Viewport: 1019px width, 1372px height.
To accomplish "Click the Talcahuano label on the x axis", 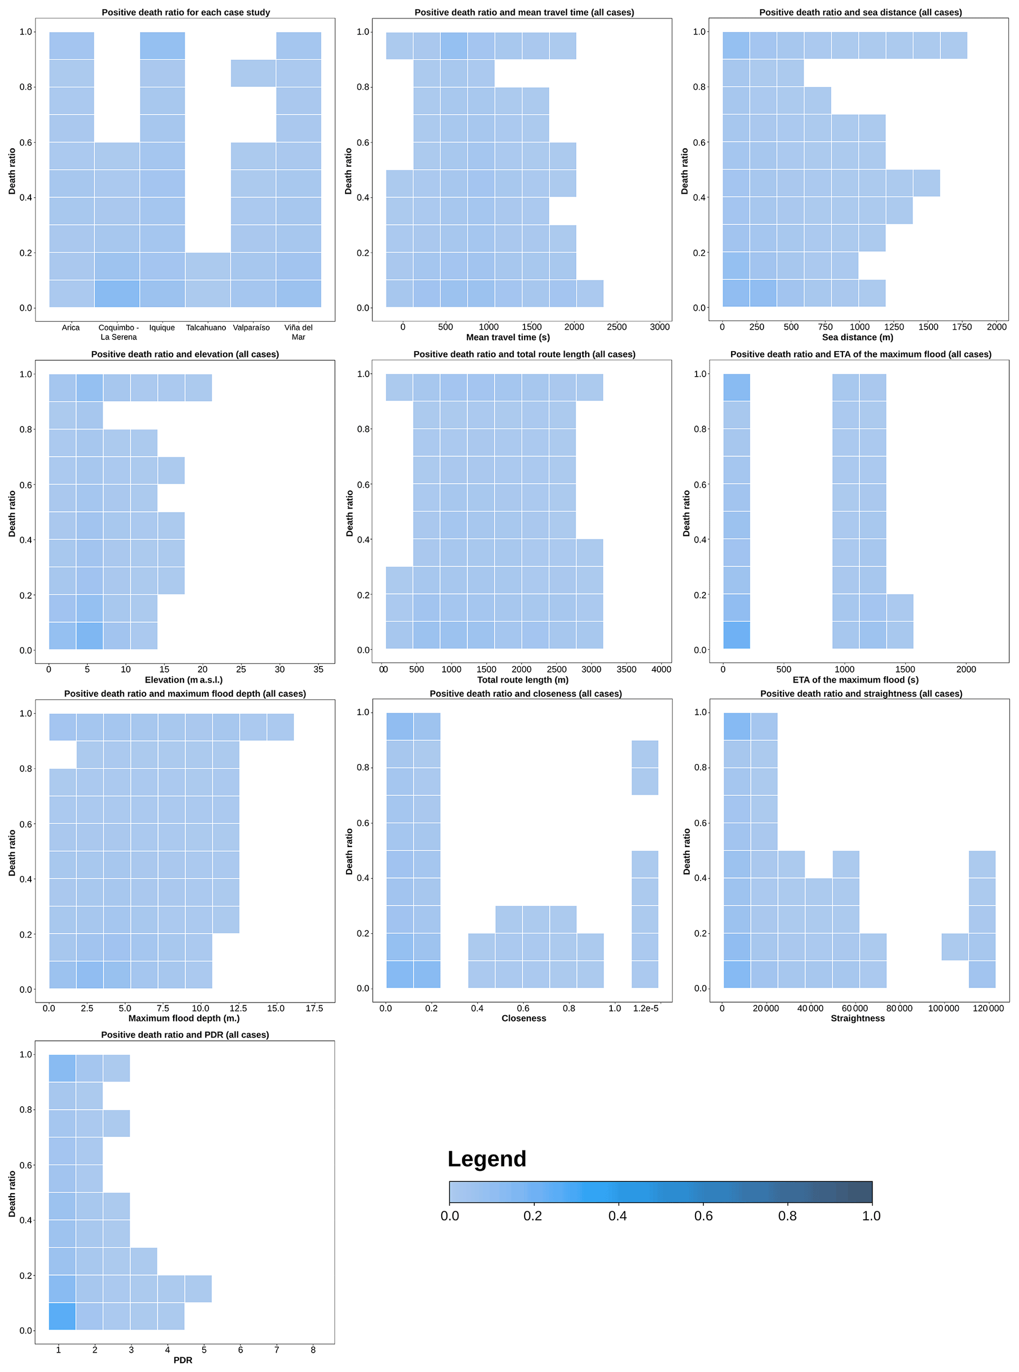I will pyautogui.click(x=206, y=327).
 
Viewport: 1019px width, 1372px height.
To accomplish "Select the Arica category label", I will pyautogui.click(x=71, y=327).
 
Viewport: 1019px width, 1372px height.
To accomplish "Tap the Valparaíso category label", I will pyautogui.click(x=251, y=327).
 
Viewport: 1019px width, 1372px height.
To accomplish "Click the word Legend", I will pyautogui.click(x=487, y=1159).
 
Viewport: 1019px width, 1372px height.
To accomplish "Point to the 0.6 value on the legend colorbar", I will pyautogui.click(x=703, y=1216).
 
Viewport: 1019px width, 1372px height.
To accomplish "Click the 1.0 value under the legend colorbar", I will pyautogui.click(x=871, y=1216).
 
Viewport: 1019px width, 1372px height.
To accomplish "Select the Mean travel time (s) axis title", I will pyautogui.click(x=508, y=337).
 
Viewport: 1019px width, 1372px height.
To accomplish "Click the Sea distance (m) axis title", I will pyautogui.click(x=857, y=337).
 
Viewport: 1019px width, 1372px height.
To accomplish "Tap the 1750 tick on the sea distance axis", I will pyautogui.click(x=962, y=327).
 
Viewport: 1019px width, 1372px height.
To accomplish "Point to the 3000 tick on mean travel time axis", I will pyautogui.click(x=660, y=327).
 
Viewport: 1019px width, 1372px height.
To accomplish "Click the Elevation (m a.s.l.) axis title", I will pyautogui.click(x=184, y=680).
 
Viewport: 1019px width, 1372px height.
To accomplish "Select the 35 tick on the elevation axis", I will pyautogui.click(x=318, y=669).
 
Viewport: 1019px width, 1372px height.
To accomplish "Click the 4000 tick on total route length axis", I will pyautogui.click(x=661, y=669).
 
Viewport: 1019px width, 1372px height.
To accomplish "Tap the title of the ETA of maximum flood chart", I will pyautogui.click(x=860, y=354).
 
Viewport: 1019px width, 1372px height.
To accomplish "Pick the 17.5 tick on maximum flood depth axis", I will pyautogui.click(x=314, y=1009).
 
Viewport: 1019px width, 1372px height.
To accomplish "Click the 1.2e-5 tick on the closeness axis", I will pyautogui.click(x=646, y=1009).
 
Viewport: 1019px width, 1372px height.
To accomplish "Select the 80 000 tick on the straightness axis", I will pyautogui.click(x=899, y=1009).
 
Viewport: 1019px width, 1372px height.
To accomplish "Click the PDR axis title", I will pyautogui.click(x=182, y=1360).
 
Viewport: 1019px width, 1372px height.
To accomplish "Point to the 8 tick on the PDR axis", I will pyautogui.click(x=313, y=1350).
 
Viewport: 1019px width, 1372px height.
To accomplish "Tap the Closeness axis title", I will pyautogui.click(x=524, y=1019).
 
